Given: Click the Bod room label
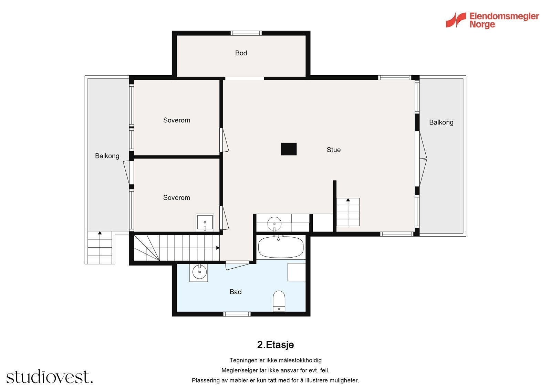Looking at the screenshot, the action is pyautogui.click(x=241, y=53).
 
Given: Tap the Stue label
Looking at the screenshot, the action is pyautogui.click(x=334, y=150).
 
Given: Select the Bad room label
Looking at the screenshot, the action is pyautogui.click(x=236, y=292).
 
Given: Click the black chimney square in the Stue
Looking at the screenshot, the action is pyautogui.click(x=289, y=149).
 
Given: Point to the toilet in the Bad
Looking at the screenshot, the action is pyautogui.click(x=279, y=301).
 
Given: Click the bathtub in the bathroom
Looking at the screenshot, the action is pyautogui.click(x=281, y=247).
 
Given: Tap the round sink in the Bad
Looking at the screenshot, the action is pyautogui.click(x=199, y=272).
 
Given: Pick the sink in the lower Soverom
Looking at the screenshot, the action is pyautogui.click(x=205, y=223).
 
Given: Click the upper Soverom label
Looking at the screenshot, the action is pyautogui.click(x=177, y=120).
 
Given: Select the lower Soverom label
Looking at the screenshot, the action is pyautogui.click(x=177, y=197).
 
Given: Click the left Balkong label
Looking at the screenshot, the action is pyautogui.click(x=107, y=156).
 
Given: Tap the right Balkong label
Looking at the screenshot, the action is pyautogui.click(x=441, y=122).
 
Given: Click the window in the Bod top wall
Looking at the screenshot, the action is pyautogui.click(x=246, y=33).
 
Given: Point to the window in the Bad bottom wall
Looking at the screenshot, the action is pyautogui.click(x=237, y=314).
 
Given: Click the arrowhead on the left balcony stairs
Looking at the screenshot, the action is pyautogui.click(x=100, y=233).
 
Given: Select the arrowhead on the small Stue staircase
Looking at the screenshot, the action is pyautogui.click(x=348, y=200).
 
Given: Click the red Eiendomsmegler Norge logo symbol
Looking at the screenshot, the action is pyautogui.click(x=456, y=20).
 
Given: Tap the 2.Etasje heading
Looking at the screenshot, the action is pyautogui.click(x=275, y=345).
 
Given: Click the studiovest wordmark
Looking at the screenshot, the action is pyautogui.click(x=50, y=376).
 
